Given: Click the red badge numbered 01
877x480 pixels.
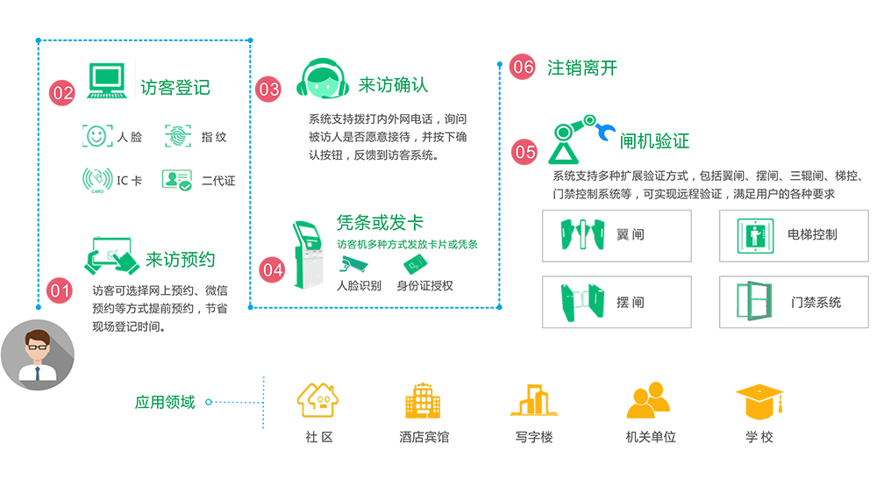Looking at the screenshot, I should point(59,289).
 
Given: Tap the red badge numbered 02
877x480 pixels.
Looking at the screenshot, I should point(63,91).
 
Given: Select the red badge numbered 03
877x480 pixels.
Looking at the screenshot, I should point(268,89).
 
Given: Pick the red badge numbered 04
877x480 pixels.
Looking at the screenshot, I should point(273,270).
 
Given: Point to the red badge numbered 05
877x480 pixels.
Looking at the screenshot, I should point(524,151).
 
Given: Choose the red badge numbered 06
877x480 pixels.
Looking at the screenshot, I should point(523,68).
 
